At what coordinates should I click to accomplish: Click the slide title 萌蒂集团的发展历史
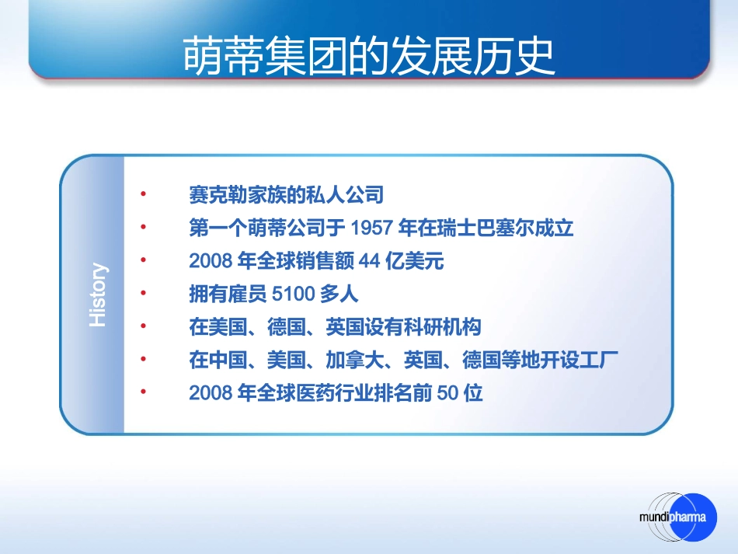369,55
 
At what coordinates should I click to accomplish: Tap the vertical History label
98,295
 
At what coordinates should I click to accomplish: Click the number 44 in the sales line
370,262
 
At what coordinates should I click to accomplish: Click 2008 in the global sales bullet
211,262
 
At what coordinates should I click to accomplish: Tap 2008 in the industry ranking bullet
211,393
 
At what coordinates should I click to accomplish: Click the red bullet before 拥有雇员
143,294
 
